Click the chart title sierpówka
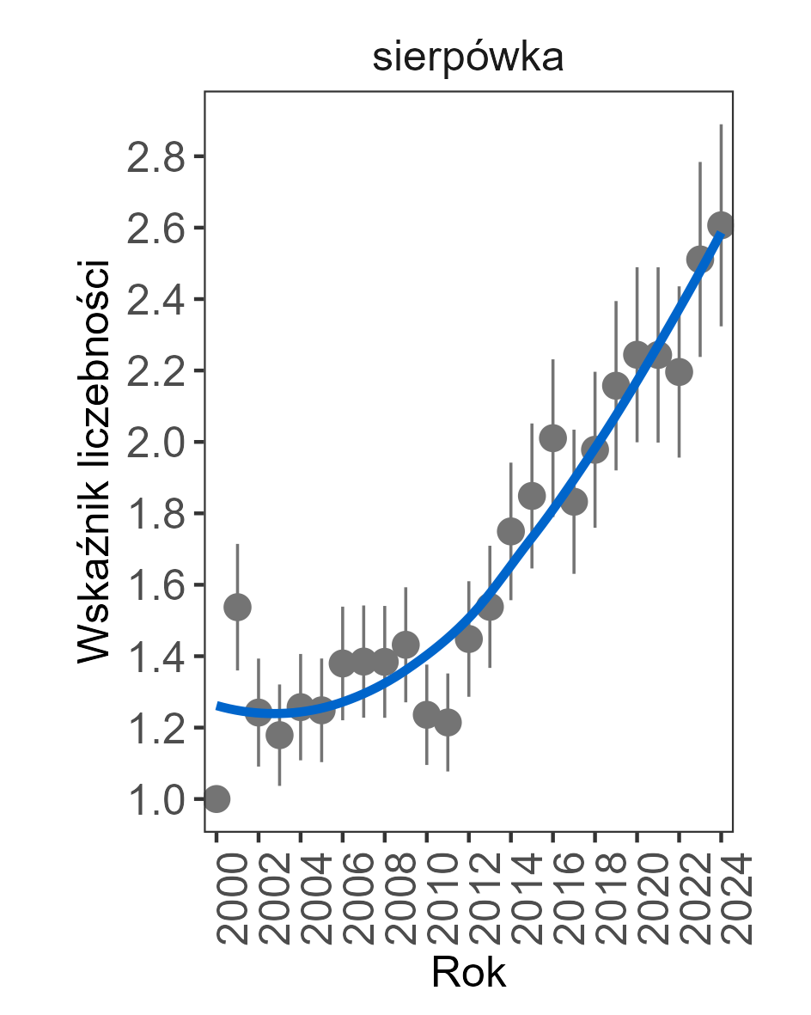point(467,58)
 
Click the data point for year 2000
point(216,798)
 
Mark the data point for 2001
point(237,607)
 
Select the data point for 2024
point(721,225)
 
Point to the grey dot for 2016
point(552,437)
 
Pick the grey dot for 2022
point(679,372)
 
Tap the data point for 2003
point(279,735)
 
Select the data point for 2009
point(405,644)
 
